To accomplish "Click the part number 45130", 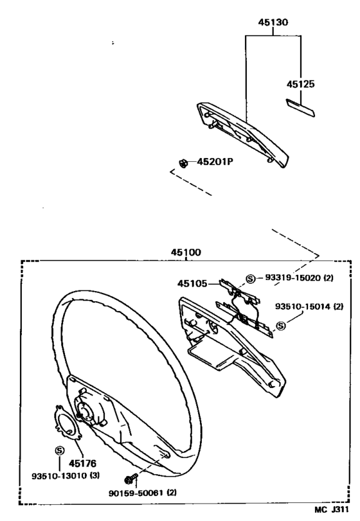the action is pyautogui.click(x=273, y=22).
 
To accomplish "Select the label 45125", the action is pyautogui.click(x=300, y=84).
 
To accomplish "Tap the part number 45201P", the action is pyautogui.click(x=215, y=162).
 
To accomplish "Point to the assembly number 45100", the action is pyautogui.click(x=186, y=252).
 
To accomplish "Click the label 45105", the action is pyautogui.click(x=192, y=283).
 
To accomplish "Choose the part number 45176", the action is pyautogui.click(x=82, y=463).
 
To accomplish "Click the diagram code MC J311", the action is pyautogui.click(x=332, y=509).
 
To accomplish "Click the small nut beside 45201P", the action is pyautogui.click(x=183, y=163).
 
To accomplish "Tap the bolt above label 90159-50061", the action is pyautogui.click(x=130, y=479).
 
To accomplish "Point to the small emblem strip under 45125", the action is pyautogui.click(x=300, y=107).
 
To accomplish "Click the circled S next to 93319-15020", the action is pyautogui.click(x=250, y=278).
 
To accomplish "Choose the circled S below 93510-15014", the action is pyautogui.click(x=281, y=326).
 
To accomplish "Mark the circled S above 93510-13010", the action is pyautogui.click(x=59, y=450).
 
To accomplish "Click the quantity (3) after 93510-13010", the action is pyautogui.click(x=94, y=476).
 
